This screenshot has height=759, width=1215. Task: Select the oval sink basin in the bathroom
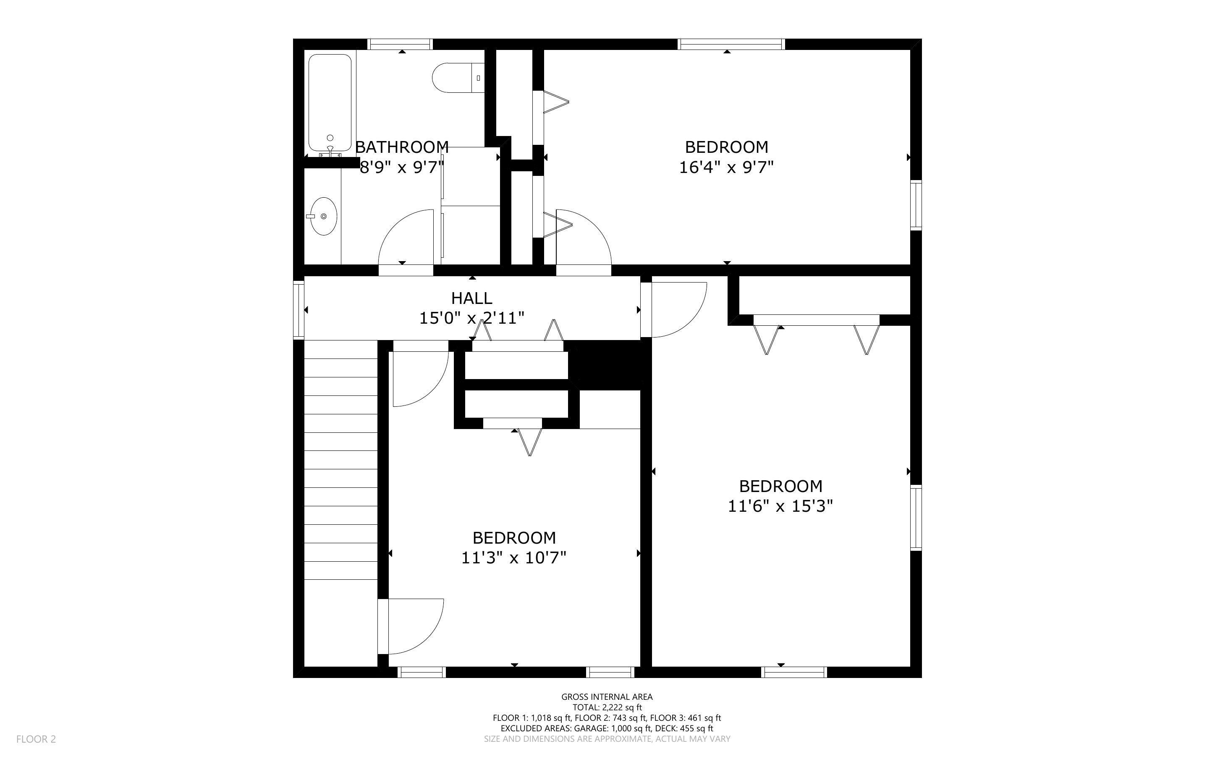(x=323, y=216)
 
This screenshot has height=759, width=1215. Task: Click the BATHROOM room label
(x=401, y=147)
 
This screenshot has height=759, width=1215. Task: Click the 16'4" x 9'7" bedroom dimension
(x=726, y=167)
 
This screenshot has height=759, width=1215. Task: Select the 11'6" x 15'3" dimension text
(x=780, y=506)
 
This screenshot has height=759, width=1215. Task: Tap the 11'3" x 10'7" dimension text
(x=514, y=557)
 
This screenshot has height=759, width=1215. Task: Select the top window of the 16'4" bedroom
(x=731, y=44)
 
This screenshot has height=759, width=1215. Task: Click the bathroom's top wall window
(x=401, y=44)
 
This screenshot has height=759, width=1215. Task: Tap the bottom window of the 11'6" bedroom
(x=793, y=672)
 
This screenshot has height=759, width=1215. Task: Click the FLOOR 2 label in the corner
(x=36, y=739)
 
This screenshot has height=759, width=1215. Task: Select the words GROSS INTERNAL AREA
(x=607, y=696)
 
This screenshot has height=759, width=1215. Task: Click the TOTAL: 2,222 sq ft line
(x=607, y=707)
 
